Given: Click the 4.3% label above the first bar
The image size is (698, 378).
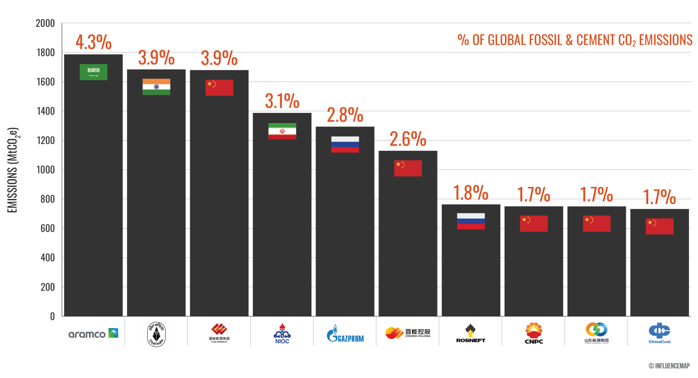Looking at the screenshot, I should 94,42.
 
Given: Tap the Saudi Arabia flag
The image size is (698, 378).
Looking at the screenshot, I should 94,72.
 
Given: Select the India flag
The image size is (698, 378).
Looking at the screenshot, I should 156,87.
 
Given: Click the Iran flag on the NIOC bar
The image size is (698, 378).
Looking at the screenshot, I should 282,131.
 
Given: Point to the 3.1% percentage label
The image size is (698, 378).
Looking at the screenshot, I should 282,101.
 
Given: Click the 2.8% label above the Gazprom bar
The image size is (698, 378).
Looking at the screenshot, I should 345,115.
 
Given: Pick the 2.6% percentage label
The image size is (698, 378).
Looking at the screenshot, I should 408,139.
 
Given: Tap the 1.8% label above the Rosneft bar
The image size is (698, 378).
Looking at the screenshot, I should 471,193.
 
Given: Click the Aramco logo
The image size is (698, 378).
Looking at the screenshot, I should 94,333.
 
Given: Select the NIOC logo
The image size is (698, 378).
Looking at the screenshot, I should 282,333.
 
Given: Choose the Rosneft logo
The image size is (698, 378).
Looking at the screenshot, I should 471,333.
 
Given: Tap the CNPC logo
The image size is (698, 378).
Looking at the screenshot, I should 534,333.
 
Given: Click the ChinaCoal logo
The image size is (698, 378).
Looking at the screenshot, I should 659,333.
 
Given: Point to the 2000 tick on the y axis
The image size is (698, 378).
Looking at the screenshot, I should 45,24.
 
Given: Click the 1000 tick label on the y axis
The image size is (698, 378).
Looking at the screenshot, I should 46,170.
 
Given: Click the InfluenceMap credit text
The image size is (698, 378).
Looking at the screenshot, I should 669,366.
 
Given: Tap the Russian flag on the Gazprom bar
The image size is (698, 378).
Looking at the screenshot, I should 345,144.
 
